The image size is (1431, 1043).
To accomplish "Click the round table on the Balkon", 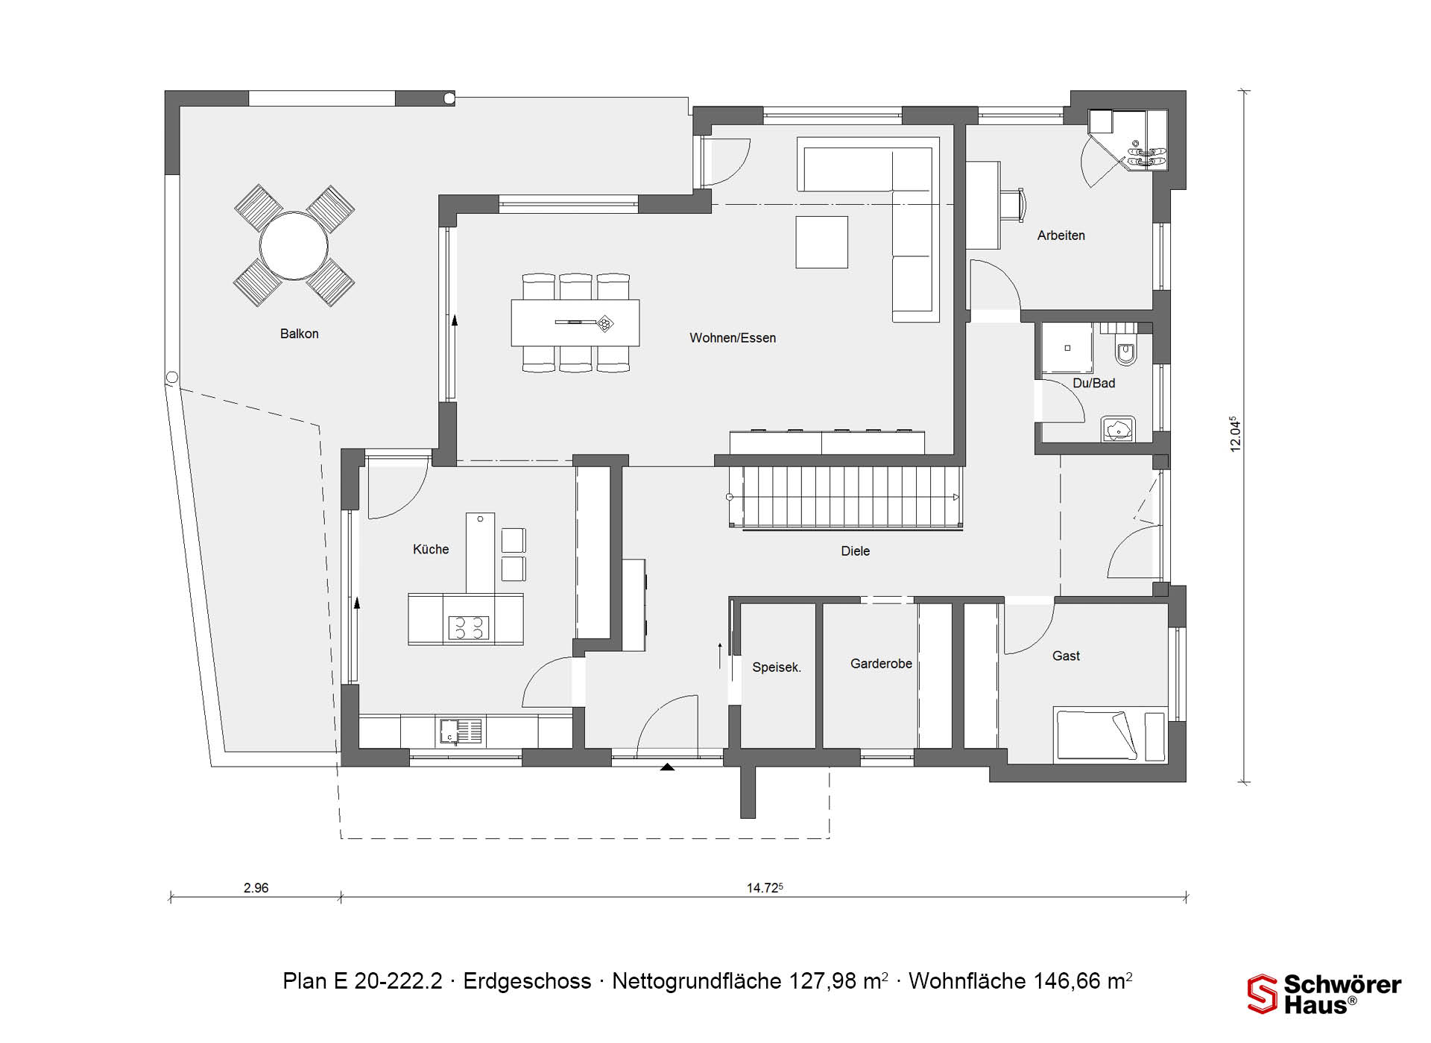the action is (x=294, y=245).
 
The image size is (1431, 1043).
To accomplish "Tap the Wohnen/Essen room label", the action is (x=733, y=338).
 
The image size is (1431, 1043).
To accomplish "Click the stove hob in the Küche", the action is (x=468, y=628).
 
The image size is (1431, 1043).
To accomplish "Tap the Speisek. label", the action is (x=777, y=668).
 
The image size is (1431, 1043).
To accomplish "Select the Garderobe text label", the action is (x=881, y=664).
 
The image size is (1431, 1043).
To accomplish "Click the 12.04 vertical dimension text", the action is (x=1236, y=434).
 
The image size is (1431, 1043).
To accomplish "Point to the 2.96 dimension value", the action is (x=256, y=888).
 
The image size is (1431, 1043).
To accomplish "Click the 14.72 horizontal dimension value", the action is (x=765, y=888).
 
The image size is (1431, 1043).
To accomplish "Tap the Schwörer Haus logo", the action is (x=1324, y=994).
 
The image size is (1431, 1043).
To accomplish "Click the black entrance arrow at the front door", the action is (x=667, y=767).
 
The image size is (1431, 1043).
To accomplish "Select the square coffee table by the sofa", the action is (x=821, y=242).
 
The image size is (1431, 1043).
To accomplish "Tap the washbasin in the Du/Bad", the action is (x=1117, y=429).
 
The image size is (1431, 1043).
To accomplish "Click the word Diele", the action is (x=856, y=551).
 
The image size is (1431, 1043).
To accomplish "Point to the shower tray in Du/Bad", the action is (x=1067, y=348).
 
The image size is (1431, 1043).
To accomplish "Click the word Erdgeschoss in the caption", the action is (x=527, y=981).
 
